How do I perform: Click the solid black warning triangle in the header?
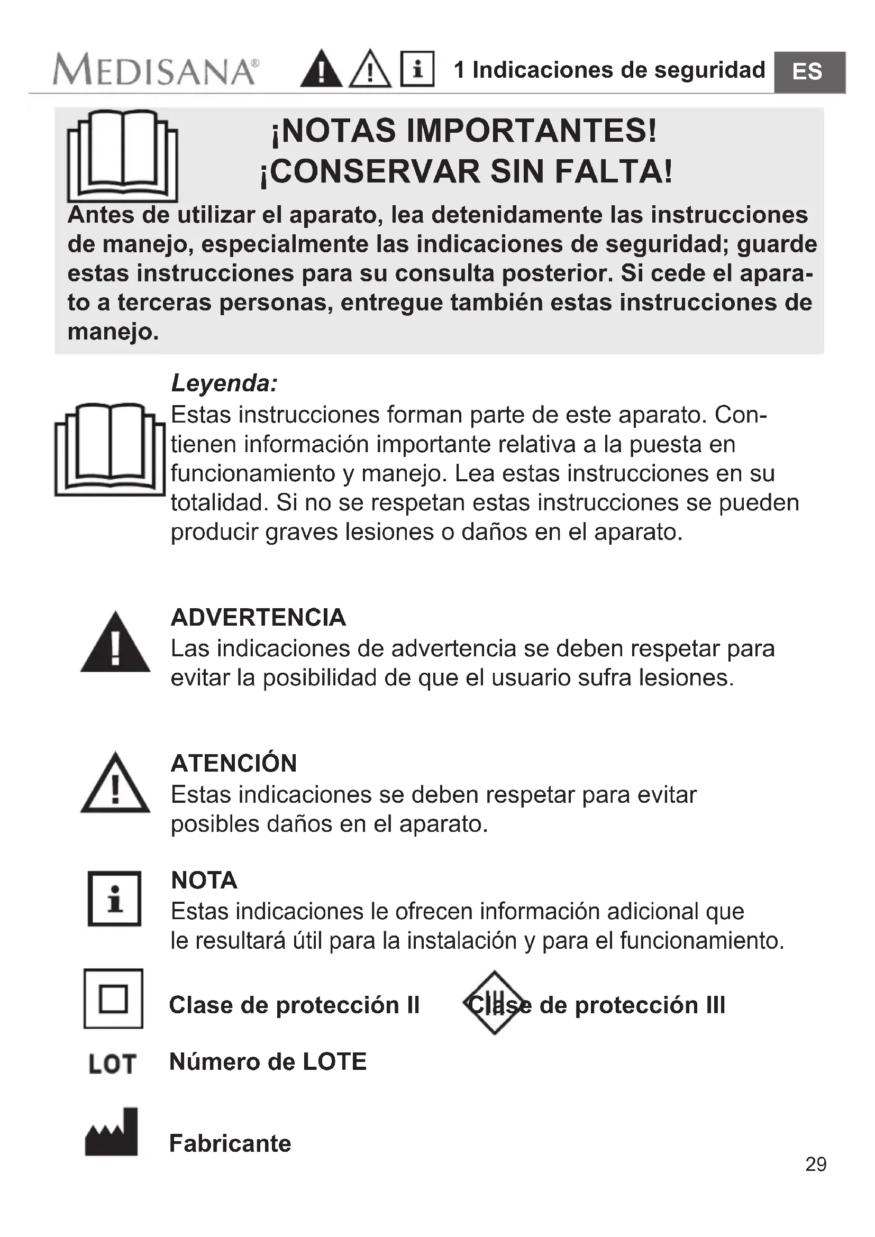tap(321, 69)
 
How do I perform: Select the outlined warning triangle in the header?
tap(370, 69)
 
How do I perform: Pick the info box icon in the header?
tap(417, 69)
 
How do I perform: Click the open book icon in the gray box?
tap(122, 155)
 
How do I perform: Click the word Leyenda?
tap(224, 383)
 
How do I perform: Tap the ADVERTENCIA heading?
tap(258, 617)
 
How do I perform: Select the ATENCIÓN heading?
tap(234, 764)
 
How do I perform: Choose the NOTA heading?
tap(204, 881)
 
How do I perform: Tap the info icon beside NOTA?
tap(114, 899)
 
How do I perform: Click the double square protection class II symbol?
tap(113, 998)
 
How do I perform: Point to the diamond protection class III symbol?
tap(494, 1003)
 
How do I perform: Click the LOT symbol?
tap(112, 1064)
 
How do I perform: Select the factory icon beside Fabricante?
tap(112, 1132)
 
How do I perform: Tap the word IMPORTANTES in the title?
tap(523, 131)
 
